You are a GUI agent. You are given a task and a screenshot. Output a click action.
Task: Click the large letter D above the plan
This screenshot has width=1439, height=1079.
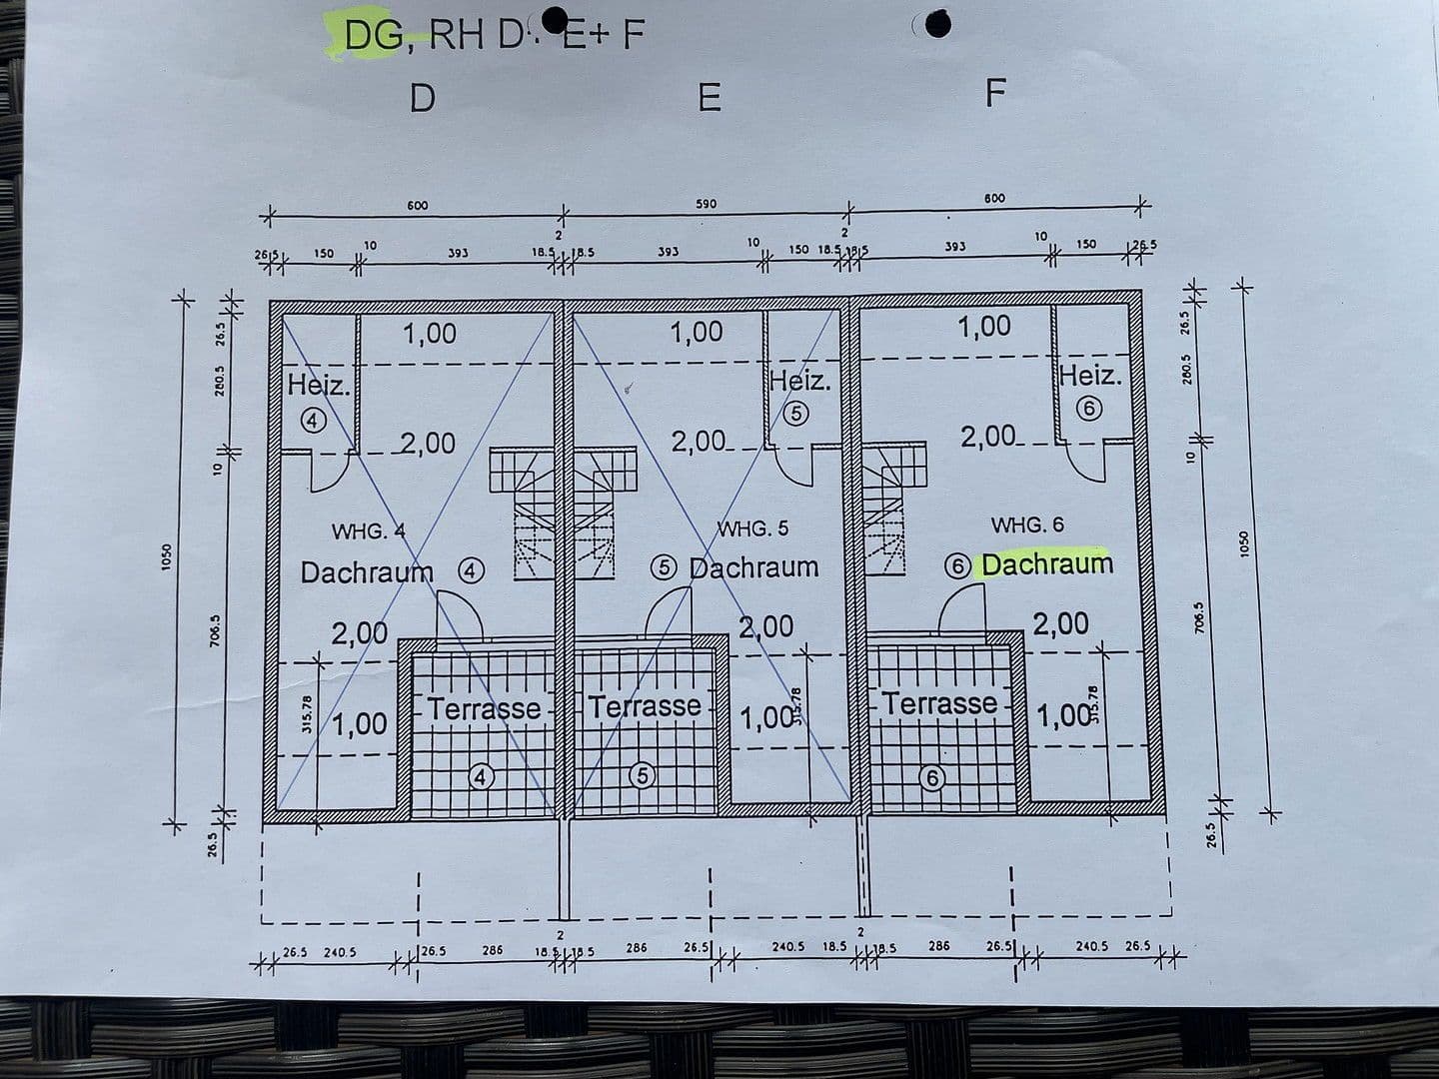tap(423, 98)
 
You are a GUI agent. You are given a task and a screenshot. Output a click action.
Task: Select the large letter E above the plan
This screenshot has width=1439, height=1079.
tap(709, 98)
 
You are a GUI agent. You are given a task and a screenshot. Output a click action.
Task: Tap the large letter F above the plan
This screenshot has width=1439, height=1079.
tap(994, 93)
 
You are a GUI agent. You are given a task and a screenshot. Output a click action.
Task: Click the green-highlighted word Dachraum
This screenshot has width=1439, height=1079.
tap(1046, 563)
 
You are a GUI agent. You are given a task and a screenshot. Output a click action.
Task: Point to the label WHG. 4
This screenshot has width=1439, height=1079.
tap(368, 531)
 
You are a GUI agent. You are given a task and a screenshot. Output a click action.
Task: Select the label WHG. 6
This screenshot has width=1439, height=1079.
tap(1027, 525)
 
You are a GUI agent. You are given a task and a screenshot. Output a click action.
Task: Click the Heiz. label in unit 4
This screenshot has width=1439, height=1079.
tap(319, 385)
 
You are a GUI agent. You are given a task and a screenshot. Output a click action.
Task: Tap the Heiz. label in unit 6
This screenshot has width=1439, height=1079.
tap(1090, 377)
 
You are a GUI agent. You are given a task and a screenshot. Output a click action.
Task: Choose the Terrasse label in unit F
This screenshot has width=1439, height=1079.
tap(938, 703)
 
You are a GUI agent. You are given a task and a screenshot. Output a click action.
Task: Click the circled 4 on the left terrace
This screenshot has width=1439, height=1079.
tap(483, 776)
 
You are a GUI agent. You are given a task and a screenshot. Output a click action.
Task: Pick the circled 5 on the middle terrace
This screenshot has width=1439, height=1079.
tap(643, 775)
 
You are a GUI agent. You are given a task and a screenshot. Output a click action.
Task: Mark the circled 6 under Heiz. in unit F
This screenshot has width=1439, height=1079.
tap(1090, 409)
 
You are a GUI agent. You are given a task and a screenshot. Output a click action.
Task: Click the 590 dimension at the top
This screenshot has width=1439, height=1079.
tap(706, 204)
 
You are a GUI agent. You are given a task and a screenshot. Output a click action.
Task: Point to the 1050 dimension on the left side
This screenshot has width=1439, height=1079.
tap(167, 556)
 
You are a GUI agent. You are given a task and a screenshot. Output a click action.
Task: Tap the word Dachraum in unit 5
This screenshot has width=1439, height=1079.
tap(753, 567)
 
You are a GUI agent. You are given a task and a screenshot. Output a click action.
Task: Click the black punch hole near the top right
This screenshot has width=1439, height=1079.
tap(937, 25)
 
